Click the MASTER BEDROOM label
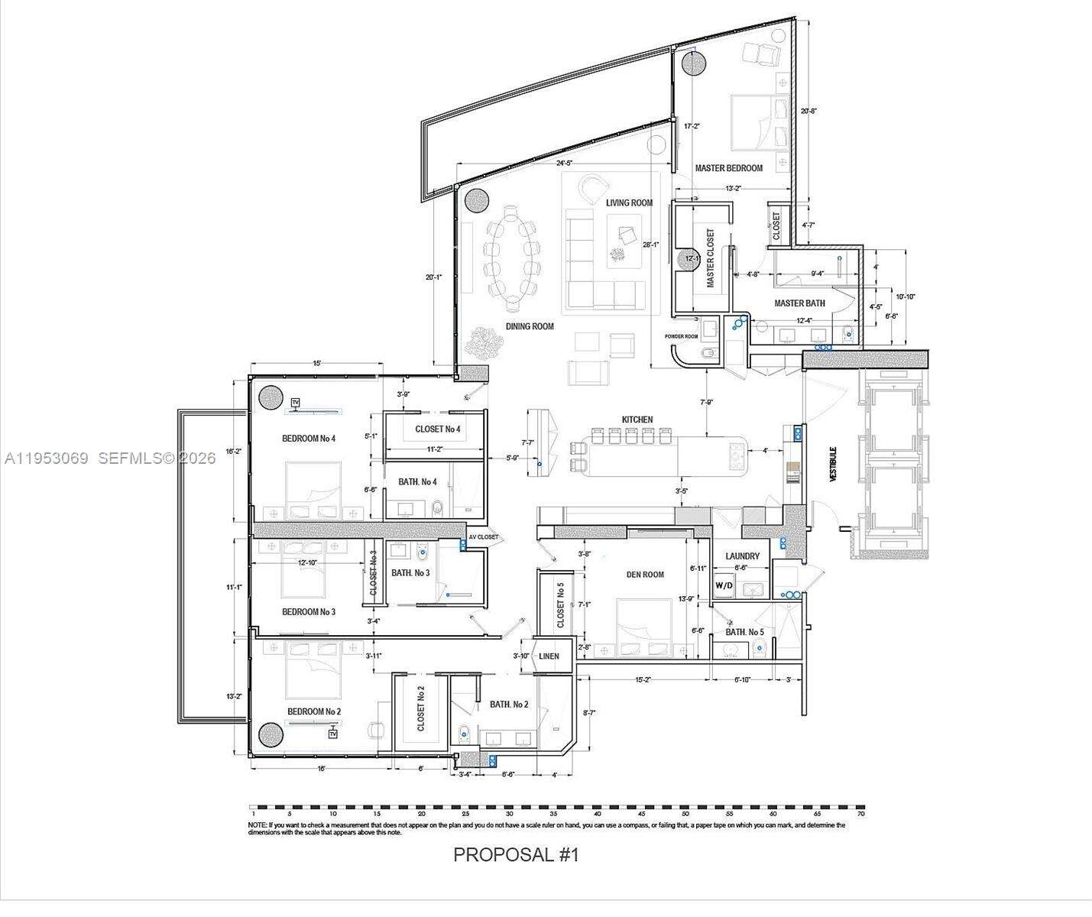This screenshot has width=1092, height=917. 728,168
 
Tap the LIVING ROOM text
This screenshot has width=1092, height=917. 629,203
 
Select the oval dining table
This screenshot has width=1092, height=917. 512,258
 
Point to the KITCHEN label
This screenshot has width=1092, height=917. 637,420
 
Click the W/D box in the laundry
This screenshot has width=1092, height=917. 723,586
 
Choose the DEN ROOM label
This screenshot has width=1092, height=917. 644,575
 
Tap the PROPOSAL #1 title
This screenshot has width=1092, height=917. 516,854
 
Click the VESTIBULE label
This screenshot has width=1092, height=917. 834,464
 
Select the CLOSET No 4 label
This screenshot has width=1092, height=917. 437,429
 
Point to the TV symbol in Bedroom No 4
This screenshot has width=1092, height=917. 295,402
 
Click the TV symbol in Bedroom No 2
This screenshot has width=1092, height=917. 332,734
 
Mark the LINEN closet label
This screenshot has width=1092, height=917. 549,656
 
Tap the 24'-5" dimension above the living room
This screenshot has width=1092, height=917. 564,163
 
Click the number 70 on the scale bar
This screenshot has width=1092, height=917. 860,815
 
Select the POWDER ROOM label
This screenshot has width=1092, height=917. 681,336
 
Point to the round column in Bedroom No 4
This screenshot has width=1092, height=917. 271,398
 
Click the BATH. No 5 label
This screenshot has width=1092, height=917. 744,632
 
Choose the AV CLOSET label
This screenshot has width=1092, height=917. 483,537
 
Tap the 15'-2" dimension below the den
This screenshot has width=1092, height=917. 643,679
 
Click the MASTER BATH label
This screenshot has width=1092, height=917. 799,303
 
